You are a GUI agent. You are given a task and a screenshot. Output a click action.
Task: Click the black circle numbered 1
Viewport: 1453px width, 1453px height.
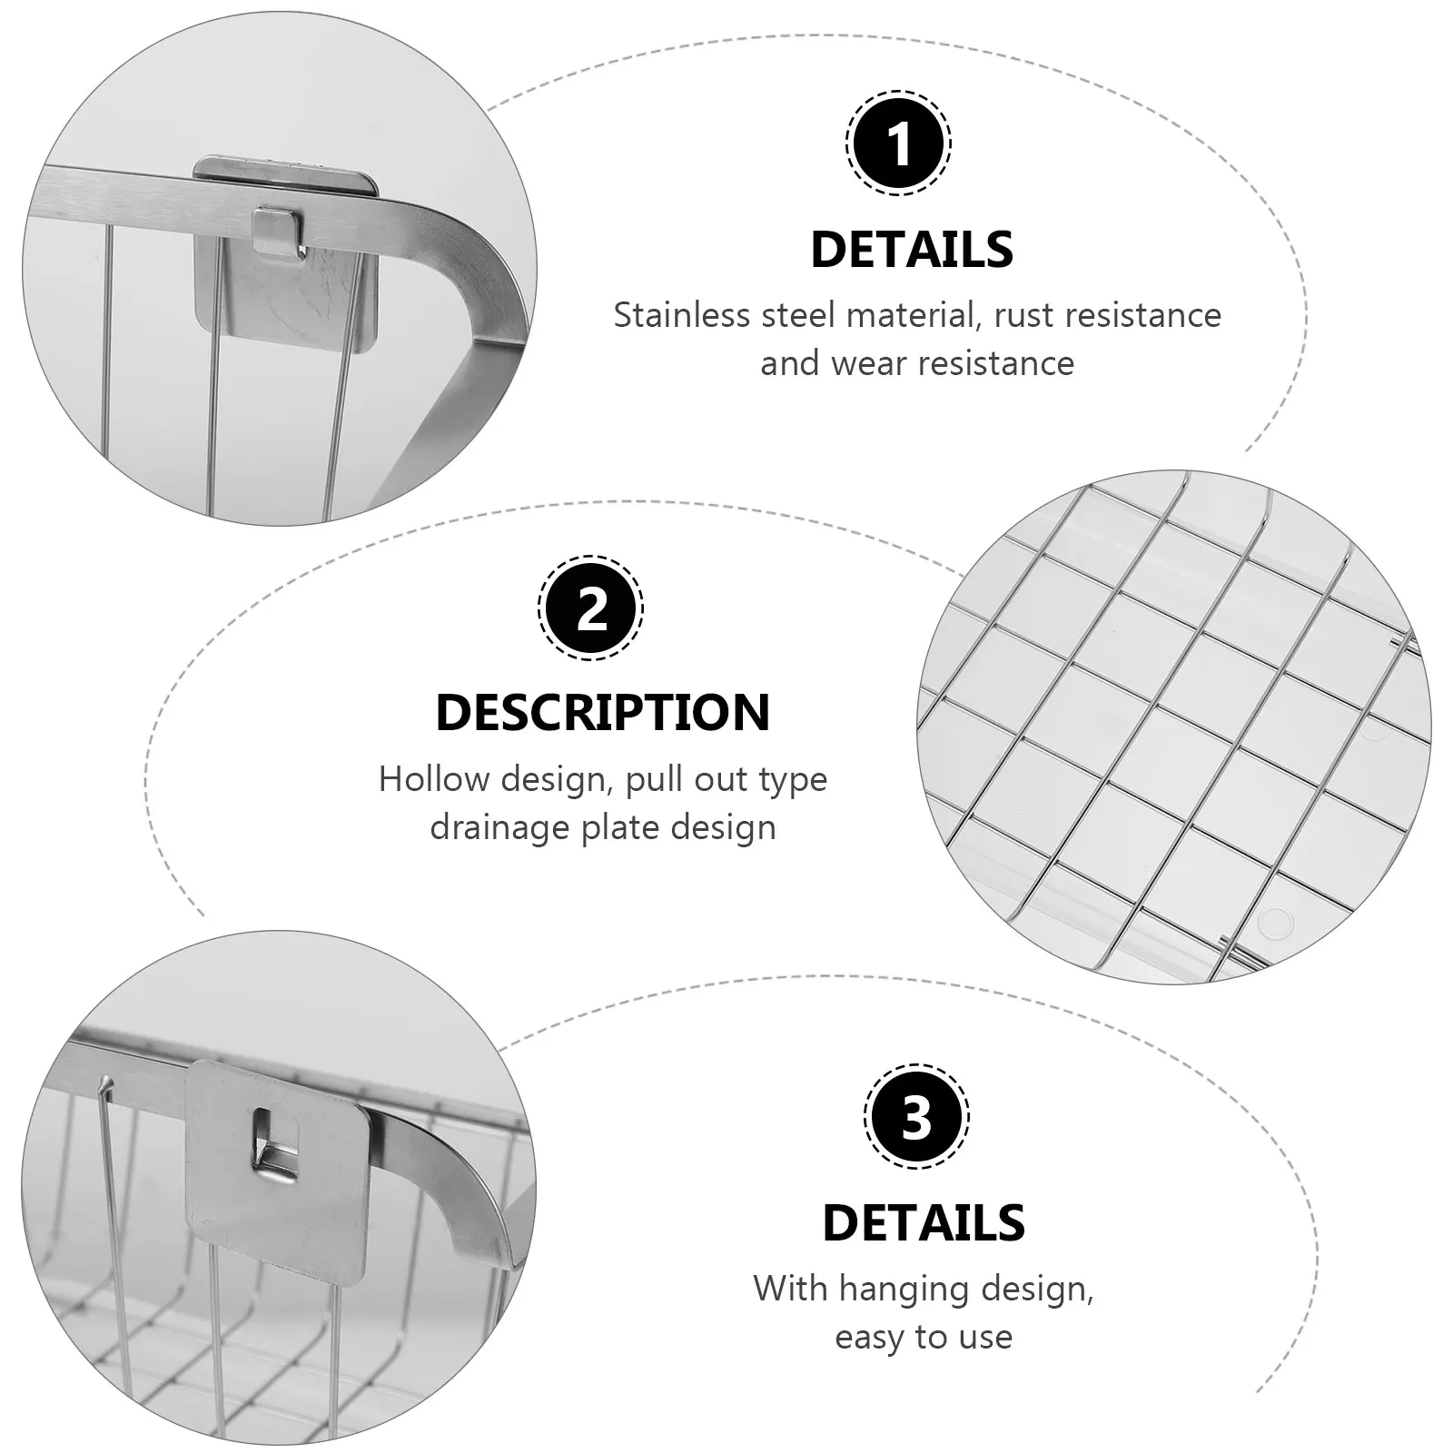click(898, 143)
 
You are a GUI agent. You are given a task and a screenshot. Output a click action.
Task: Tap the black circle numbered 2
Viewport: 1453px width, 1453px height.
click(590, 607)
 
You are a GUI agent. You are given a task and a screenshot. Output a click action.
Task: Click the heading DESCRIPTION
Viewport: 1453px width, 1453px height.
click(603, 713)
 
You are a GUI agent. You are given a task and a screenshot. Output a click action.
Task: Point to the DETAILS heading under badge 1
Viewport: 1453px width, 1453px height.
click(912, 250)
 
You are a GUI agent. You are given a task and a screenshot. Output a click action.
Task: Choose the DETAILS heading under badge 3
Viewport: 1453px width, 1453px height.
click(924, 1223)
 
